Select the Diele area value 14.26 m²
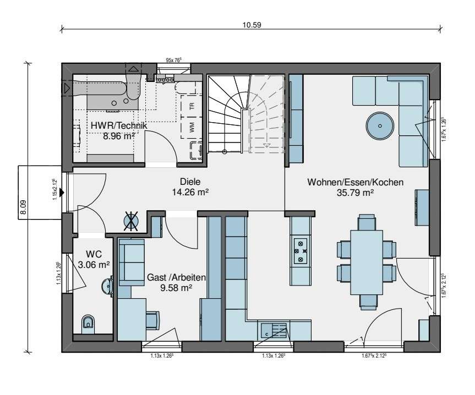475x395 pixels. pyautogui.click(x=190, y=192)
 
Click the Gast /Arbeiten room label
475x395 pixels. pyautogui.click(x=176, y=278)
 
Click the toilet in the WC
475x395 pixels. pyautogui.click(x=87, y=324)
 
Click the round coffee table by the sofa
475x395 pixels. pyautogui.click(x=380, y=125)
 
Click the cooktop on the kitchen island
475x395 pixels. pyautogui.click(x=301, y=249)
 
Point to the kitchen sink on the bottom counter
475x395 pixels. pyautogui.click(x=273, y=330)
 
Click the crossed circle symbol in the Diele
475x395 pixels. pyautogui.click(x=132, y=221)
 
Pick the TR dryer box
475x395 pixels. pyautogui.click(x=192, y=107)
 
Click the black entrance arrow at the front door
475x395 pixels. pyautogui.click(x=63, y=192)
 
